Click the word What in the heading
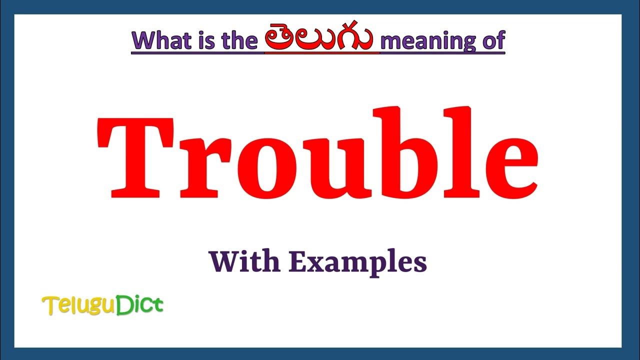pyautogui.click(x=159, y=40)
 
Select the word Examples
pyautogui.click(x=357, y=262)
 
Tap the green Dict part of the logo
pyautogui.click(x=139, y=305)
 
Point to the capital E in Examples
pyautogui.click(x=297, y=261)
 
